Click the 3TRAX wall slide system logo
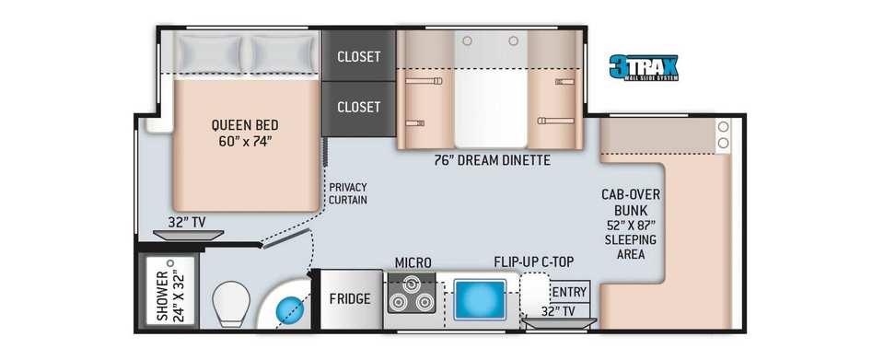coord(644,67)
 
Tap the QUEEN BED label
coord(245,124)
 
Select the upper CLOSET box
coord(358,56)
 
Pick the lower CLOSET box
coord(358,108)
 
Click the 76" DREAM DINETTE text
coord(492,160)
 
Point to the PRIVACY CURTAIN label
coord(348,193)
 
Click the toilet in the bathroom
coord(231,303)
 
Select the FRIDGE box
coord(350,298)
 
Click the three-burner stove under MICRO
coord(411,294)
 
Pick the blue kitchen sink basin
coord(480,300)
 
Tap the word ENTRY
coord(570,293)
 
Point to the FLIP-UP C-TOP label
coord(534,262)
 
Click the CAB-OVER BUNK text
coord(630,202)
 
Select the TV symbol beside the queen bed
coord(188,235)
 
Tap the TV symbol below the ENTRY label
coord(559,322)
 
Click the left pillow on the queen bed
coord(209,54)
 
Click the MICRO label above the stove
coord(413,262)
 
